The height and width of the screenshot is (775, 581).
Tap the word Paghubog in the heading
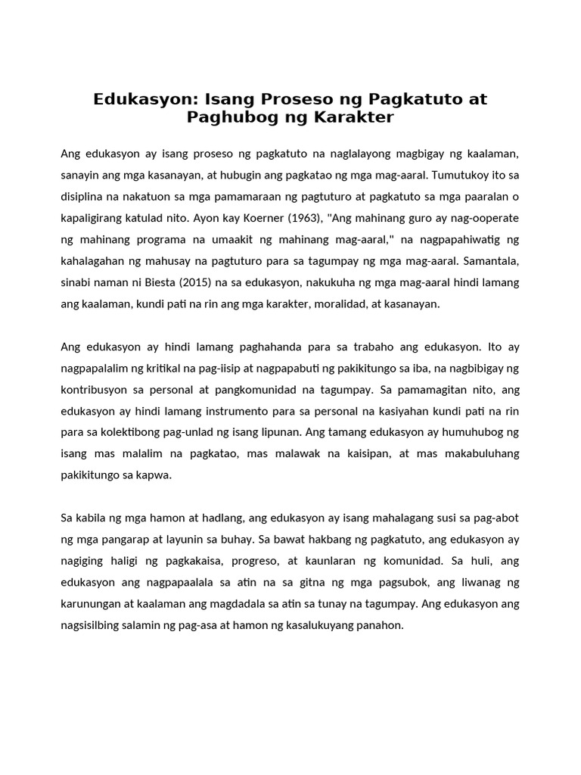(x=224, y=117)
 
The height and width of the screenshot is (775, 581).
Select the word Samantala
(x=490, y=262)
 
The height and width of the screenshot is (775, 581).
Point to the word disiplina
(x=85, y=197)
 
